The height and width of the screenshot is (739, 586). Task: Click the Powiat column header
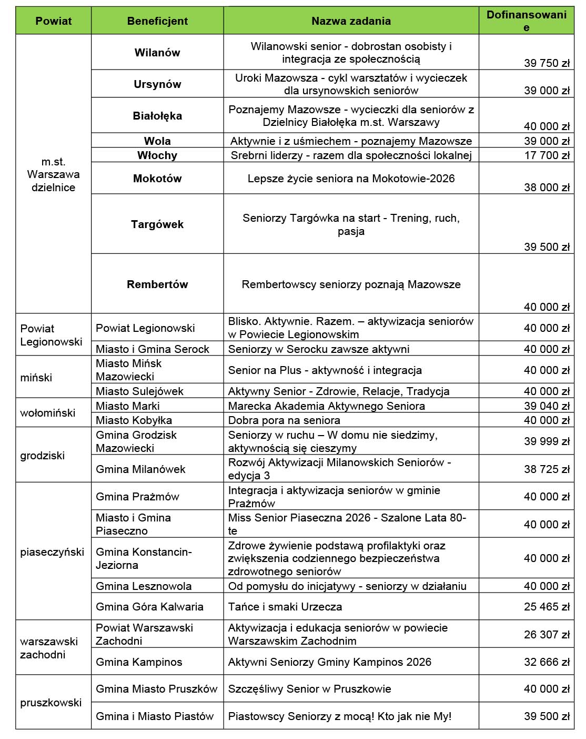tap(53, 21)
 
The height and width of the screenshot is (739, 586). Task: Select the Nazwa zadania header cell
tap(351, 21)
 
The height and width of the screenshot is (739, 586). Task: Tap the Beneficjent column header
tap(157, 21)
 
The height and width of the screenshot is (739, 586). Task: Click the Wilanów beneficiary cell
tap(157, 53)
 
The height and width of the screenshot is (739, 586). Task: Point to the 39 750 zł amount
tap(547, 63)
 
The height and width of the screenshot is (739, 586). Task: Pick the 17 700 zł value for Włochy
tap(547, 155)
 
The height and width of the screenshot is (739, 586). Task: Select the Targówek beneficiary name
tap(157, 224)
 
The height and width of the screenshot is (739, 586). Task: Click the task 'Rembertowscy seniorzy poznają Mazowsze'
tap(351, 284)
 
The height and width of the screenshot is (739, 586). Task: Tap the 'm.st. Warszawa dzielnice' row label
tap(53, 174)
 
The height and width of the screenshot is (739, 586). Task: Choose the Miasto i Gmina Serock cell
tap(153, 349)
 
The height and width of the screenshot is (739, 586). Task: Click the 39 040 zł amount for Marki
tap(547, 406)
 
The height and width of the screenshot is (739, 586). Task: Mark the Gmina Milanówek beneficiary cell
tap(140, 469)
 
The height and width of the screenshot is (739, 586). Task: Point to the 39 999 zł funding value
tap(547, 441)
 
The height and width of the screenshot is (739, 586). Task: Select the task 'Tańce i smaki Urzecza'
tap(285, 607)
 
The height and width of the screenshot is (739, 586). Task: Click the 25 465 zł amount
tap(547, 607)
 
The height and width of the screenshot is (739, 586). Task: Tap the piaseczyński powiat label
tap(52, 552)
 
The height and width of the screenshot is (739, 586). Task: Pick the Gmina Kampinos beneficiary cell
tap(139, 662)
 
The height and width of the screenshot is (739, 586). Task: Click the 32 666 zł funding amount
tap(547, 662)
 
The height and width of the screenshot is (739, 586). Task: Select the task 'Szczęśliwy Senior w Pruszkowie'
tap(310, 689)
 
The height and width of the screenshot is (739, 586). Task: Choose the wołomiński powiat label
tap(48, 413)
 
